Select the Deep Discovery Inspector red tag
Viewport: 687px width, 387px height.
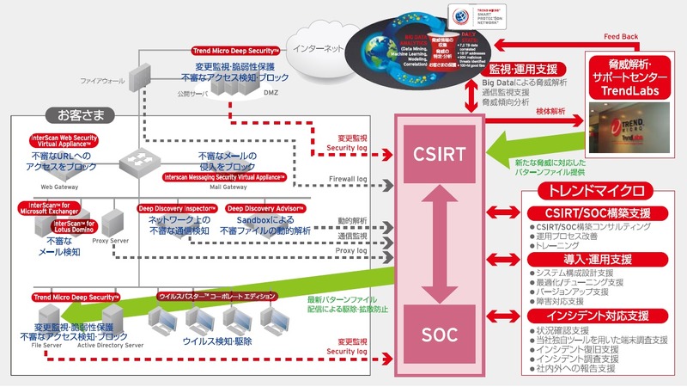(x=176, y=208)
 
